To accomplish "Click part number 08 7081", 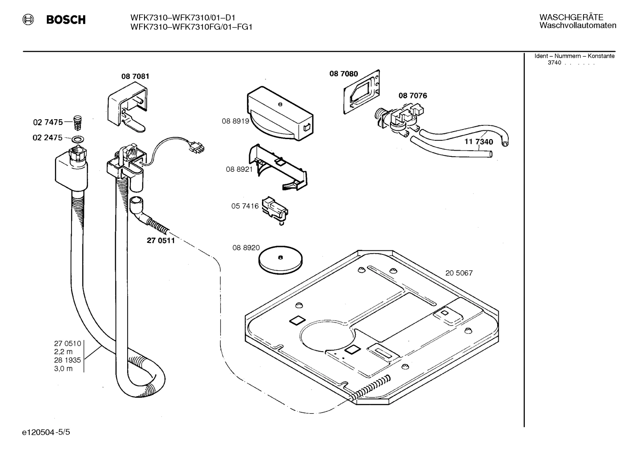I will (135, 76).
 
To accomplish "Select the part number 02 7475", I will (48, 122).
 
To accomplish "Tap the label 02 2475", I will (47, 138).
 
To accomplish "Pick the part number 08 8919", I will (235, 121).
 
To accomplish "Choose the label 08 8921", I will (239, 169).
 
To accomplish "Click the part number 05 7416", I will (245, 206).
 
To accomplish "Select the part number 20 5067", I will (459, 273).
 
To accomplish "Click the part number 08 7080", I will (344, 74).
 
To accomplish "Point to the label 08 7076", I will (413, 95).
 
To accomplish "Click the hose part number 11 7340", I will (478, 142).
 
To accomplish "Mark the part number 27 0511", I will (161, 241).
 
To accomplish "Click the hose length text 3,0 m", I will (63, 368).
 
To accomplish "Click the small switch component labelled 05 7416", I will (275, 208).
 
